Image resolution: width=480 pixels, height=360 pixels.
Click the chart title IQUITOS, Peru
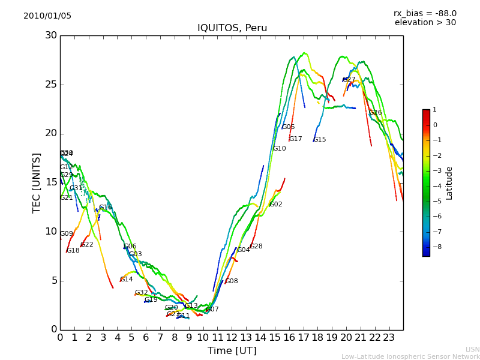(x=232, y=28)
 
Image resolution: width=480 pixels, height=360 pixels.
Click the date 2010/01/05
(x=47, y=16)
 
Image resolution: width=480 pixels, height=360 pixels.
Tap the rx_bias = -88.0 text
(x=425, y=13)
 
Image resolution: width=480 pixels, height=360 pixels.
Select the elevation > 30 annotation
(x=425, y=23)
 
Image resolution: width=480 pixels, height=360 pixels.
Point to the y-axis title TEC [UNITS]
(x=37, y=182)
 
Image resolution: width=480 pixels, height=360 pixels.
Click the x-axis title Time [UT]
(x=232, y=350)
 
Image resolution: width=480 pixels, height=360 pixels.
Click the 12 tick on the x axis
(x=232, y=338)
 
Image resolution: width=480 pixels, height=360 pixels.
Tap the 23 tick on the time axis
(x=389, y=338)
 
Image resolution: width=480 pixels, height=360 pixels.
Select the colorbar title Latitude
(x=449, y=182)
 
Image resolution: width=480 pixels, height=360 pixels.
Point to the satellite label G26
(x=376, y=113)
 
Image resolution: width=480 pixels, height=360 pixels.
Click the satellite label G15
(x=320, y=140)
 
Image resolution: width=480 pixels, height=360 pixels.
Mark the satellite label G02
(x=276, y=205)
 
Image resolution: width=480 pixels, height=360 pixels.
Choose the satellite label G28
(x=256, y=247)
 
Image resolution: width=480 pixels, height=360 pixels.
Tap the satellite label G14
(x=127, y=280)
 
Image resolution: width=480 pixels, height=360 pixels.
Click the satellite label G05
(x=289, y=127)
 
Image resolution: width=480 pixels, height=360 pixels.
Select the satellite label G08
(x=232, y=281)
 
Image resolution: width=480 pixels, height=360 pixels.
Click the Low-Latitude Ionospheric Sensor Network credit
(x=410, y=356)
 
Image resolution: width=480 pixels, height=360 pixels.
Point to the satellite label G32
(x=142, y=293)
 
